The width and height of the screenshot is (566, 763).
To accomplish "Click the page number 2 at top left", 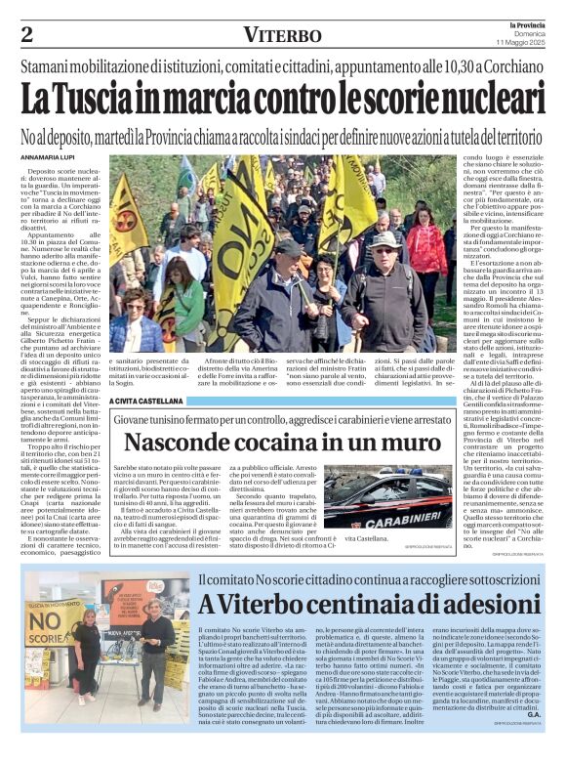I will click(x=26, y=35).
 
